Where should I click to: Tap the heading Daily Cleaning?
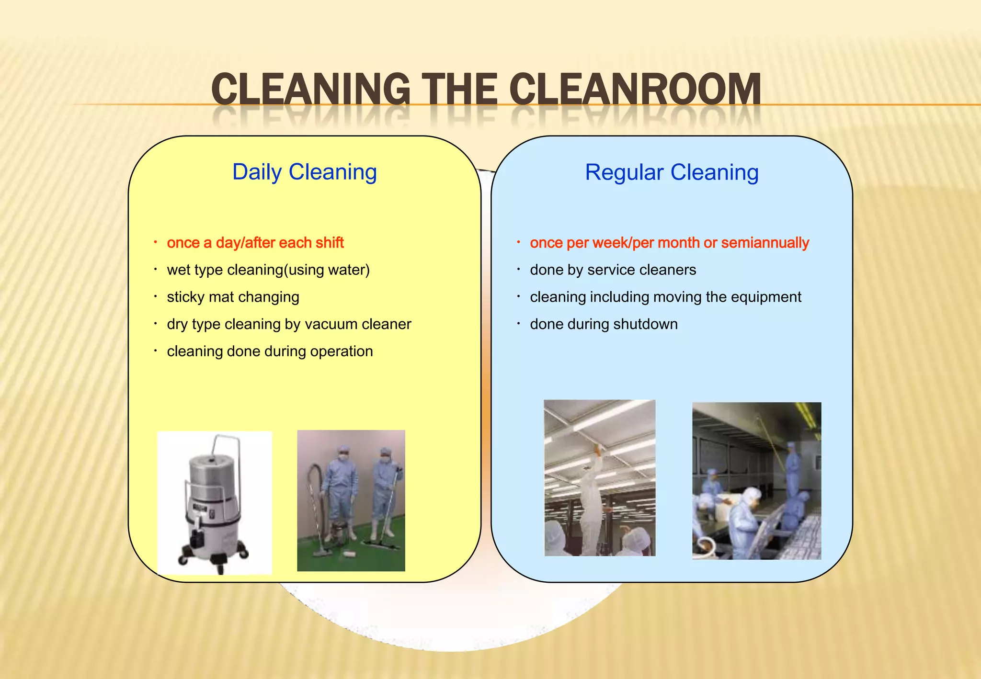click(x=304, y=172)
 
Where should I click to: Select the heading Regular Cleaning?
click(x=672, y=172)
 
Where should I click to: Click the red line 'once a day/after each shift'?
click(x=255, y=243)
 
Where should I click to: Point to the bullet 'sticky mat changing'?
click(x=233, y=297)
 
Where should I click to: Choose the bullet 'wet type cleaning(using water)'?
click(x=268, y=270)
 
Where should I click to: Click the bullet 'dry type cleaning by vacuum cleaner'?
click(x=289, y=324)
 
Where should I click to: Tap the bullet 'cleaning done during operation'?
click(x=270, y=351)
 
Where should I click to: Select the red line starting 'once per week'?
click(x=669, y=243)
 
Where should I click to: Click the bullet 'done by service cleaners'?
click(x=613, y=270)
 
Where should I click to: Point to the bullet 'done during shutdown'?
click(x=604, y=324)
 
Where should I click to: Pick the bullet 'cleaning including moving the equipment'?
click(x=665, y=297)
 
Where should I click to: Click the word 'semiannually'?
click(x=765, y=243)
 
